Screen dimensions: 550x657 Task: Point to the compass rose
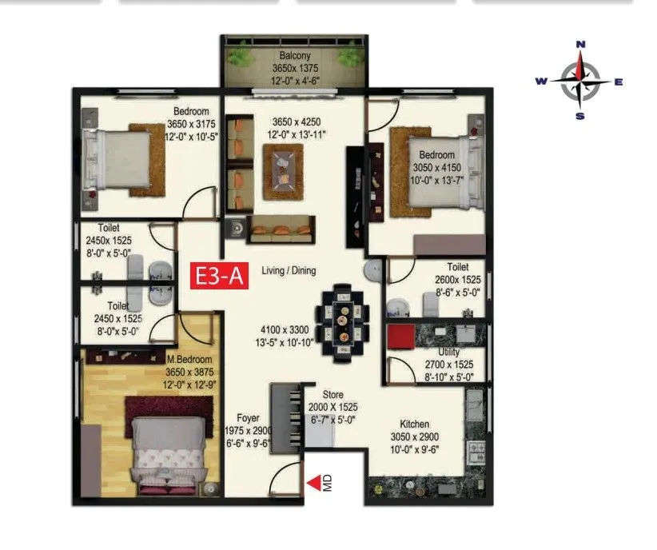(581, 80)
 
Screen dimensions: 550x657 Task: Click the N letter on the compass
(581, 45)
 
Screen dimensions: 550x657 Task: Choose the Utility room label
(448, 353)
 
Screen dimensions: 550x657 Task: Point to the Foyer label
(248, 417)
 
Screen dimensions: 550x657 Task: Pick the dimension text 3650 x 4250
(296, 122)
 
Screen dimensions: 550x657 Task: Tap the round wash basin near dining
(374, 271)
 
